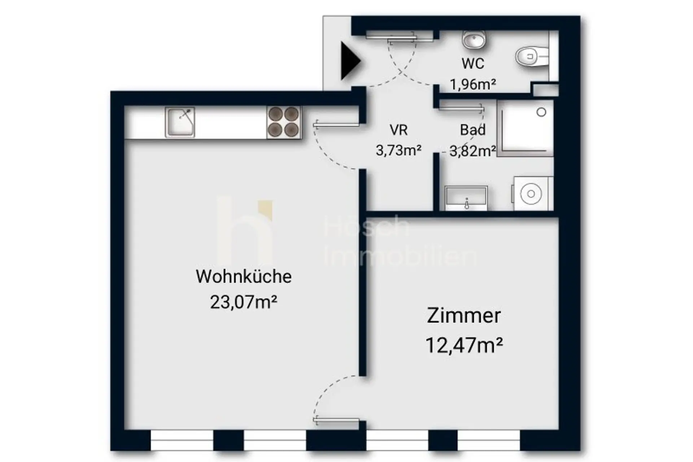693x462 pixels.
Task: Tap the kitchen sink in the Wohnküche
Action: (180, 122)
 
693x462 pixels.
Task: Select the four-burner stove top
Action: (283, 122)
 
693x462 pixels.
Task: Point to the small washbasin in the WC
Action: (474, 40)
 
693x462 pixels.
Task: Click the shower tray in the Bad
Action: (525, 128)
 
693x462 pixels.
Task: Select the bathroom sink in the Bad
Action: (466, 198)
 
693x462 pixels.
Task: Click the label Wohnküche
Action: (244, 277)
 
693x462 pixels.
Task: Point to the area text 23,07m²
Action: (244, 302)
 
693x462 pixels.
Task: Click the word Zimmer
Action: (464, 316)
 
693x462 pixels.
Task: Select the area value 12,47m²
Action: (464, 345)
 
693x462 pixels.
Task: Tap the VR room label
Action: (398, 130)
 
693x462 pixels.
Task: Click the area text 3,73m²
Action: (398, 150)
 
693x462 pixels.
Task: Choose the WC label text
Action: (473, 64)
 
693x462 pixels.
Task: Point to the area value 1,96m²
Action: (473, 85)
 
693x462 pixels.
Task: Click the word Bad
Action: (473, 130)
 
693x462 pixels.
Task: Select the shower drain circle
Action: (541, 112)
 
